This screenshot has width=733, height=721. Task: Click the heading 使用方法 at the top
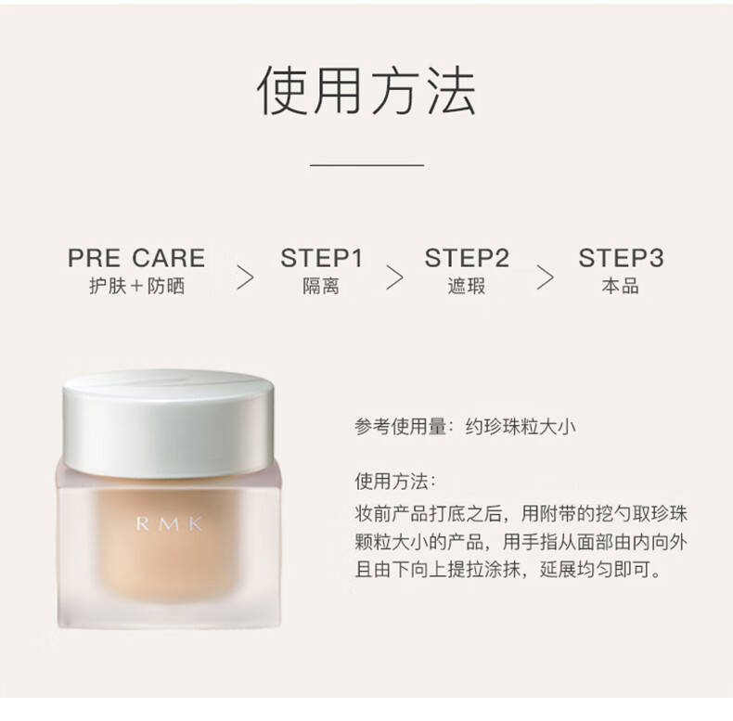366,90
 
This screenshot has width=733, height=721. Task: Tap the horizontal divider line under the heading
367,165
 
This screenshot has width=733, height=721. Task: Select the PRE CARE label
136,258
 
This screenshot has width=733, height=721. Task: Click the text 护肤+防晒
137,286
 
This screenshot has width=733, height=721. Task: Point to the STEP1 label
322,258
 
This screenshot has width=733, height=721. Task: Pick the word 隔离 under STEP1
321,286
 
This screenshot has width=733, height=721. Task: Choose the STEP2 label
467,258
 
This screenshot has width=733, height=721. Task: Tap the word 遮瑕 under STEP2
466,286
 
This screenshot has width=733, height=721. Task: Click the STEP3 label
621,258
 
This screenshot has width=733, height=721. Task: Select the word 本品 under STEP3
621,286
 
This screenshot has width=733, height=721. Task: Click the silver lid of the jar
168,423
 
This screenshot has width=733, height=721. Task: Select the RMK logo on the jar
169,524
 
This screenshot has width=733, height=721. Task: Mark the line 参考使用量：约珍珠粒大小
465,427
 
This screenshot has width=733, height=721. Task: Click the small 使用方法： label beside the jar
395,482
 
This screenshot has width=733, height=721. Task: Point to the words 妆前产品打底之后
429,514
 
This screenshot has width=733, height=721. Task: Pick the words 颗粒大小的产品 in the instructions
418,542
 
